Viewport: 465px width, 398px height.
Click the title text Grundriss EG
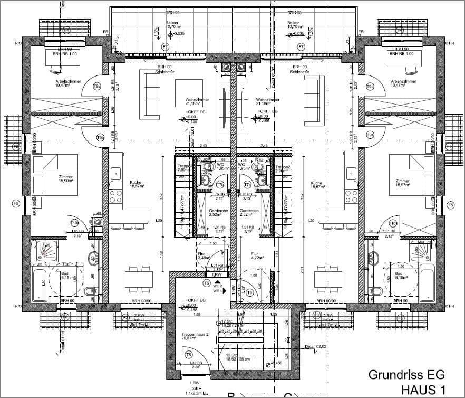406,375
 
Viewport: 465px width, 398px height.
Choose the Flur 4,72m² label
257,255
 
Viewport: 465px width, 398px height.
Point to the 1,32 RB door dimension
195,363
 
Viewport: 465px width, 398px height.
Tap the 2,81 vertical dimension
301,270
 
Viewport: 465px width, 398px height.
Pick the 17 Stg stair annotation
227,321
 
